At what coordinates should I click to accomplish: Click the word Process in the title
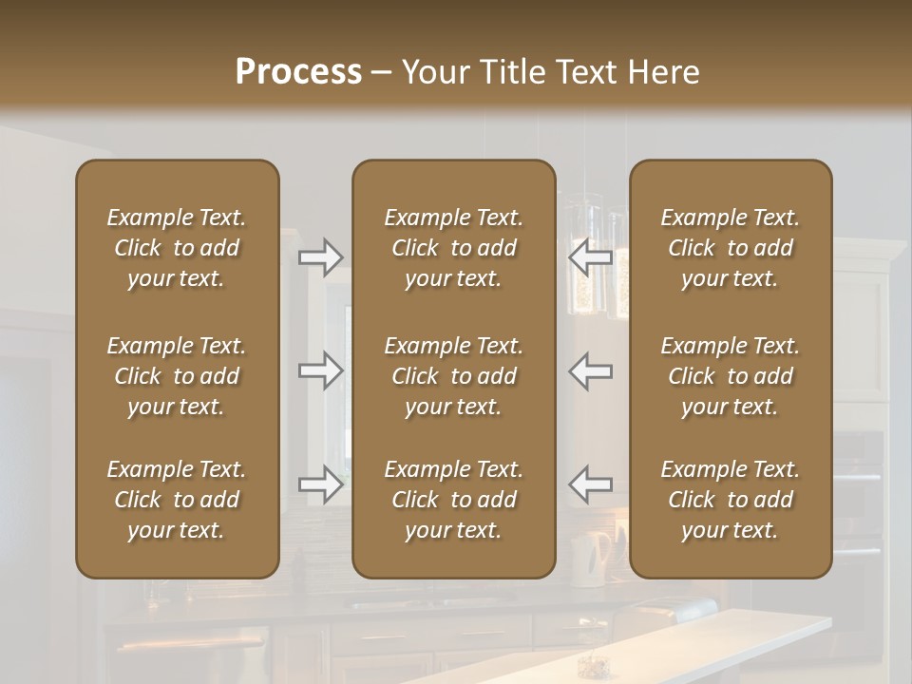click(298, 72)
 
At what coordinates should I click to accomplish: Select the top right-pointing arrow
click(321, 256)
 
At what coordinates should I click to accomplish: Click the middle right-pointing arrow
click(321, 370)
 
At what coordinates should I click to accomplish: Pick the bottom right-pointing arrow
click(321, 484)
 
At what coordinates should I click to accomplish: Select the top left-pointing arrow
click(591, 256)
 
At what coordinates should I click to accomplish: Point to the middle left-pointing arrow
click(591, 370)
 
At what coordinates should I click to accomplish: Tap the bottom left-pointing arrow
click(591, 484)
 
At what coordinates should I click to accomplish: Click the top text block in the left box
click(177, 248)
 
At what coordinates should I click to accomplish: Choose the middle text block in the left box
click(177, 376)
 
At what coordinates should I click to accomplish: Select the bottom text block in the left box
click(177, 500)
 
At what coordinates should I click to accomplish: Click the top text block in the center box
click(454, 248)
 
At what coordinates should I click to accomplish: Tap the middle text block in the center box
click(454, 376)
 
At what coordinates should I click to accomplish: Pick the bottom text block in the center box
click(454, 500)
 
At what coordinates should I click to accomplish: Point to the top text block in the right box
click(731, 248)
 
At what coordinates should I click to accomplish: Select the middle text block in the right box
click(731, 376)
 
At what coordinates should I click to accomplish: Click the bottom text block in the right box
click(731, 500)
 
